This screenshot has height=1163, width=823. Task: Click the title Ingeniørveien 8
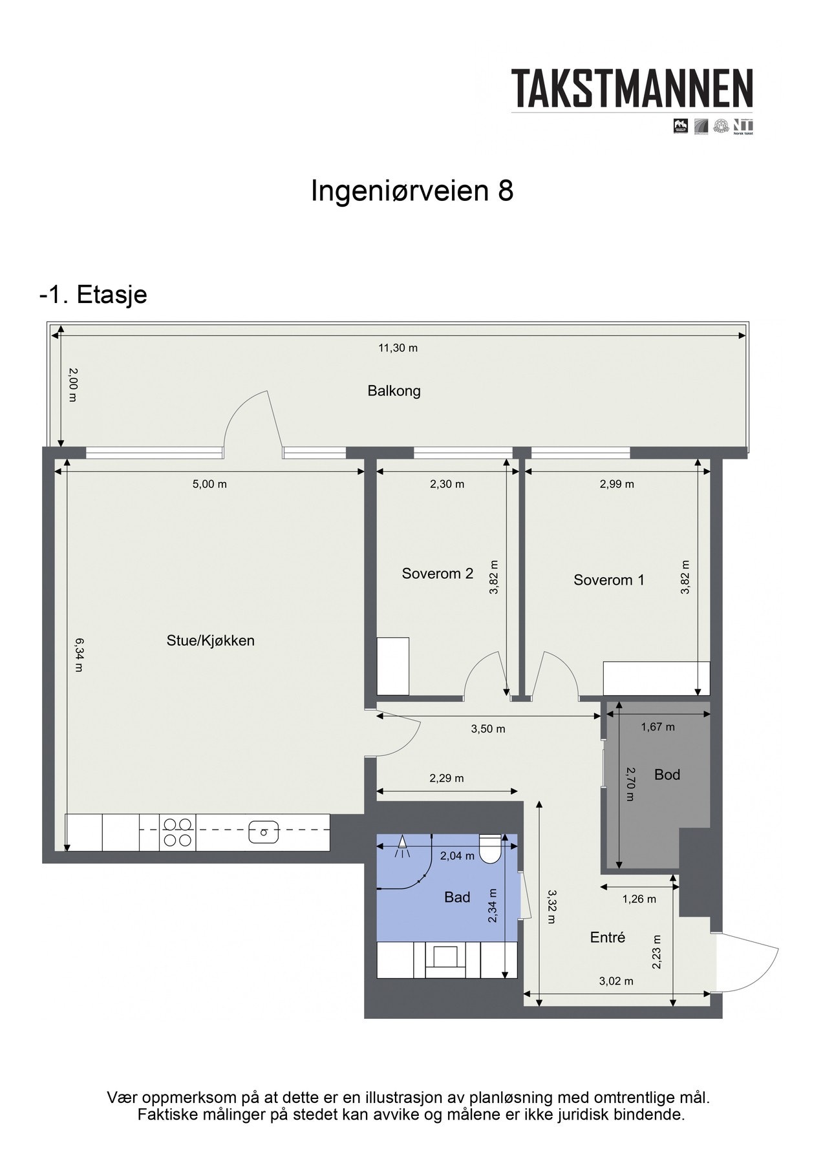(412, 191)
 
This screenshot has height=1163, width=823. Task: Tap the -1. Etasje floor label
(93, 295)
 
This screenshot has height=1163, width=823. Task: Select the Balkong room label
(394, 391)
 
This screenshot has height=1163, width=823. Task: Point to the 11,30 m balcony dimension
(398, 348)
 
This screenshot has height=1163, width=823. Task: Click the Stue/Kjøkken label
(211, 641)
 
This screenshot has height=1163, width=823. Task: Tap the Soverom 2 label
(437, 573)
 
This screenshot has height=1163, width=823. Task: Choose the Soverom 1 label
(608, 580)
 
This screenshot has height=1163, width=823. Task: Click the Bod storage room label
(667, 775)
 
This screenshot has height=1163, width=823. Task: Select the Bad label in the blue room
(456, 897)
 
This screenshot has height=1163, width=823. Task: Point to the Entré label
(607, 938)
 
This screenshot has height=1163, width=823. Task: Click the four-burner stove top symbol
(177, 832)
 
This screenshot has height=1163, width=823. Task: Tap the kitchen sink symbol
(264, 832)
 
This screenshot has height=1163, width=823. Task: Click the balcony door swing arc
(249, 414)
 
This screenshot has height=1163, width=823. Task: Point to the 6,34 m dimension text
(78, 655)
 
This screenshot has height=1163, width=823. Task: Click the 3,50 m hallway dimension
(487, 729)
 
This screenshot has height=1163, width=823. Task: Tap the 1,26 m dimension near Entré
(638, 899)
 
